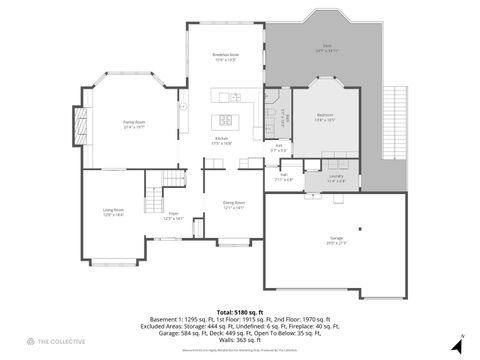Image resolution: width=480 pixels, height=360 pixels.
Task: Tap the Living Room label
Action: point(113,212)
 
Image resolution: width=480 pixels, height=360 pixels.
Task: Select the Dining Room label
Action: point(233,205)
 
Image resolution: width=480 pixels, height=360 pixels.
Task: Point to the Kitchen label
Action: point(221,142)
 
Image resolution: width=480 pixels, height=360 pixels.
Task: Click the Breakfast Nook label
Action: point(224,57)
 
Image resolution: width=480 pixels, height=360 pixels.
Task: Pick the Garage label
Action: point(333,240)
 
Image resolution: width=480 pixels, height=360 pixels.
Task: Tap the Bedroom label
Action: point(326,118)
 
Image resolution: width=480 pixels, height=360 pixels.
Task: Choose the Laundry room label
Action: point(337,179)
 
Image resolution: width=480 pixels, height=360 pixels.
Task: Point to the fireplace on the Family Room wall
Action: point(71,125)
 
